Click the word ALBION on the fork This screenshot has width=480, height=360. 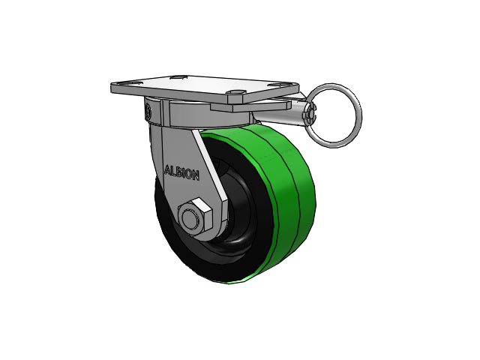(181, 173)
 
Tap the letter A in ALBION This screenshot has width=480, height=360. (168, 170)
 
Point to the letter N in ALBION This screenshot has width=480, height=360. (196, 175)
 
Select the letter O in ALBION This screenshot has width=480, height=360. (189, 175)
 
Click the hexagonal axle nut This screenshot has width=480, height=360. (195, 215)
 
